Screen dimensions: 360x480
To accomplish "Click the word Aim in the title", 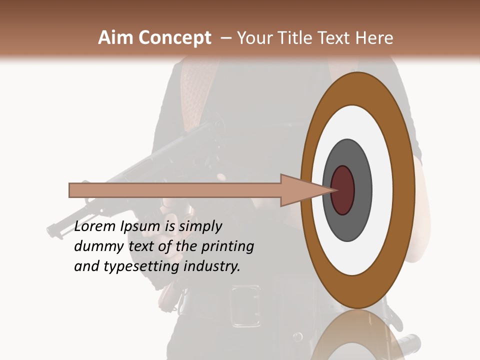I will [x=116, y=38].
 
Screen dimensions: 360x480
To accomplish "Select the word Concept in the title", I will [x=175, y=38].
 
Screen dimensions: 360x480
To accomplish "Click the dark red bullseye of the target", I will [x=343, y=190].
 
